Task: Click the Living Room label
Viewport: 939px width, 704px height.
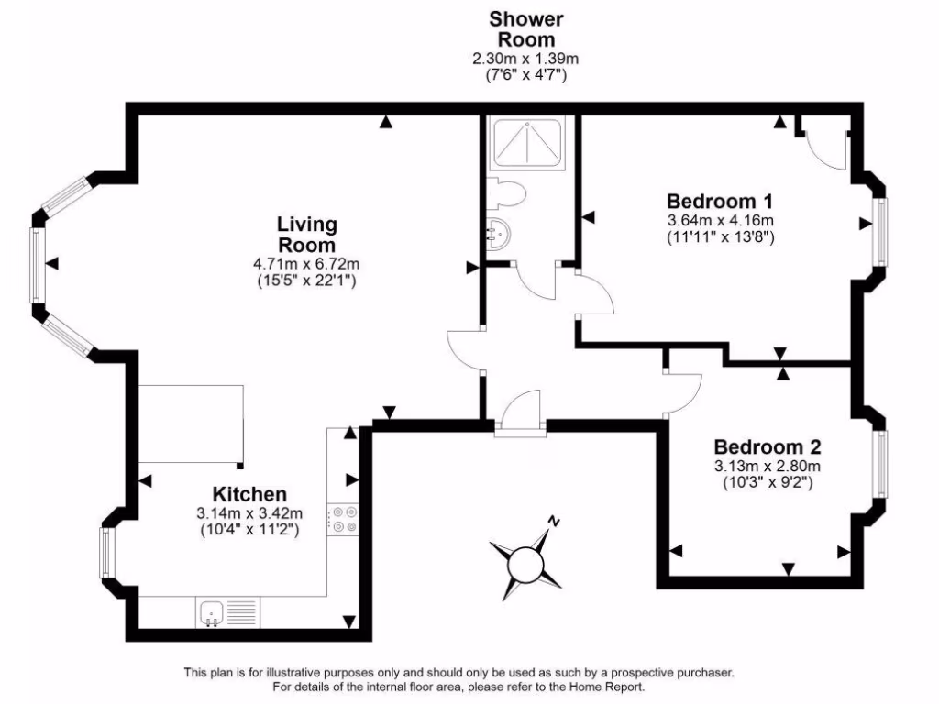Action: click(307, 234)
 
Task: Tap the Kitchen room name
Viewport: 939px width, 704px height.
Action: click(249, 494)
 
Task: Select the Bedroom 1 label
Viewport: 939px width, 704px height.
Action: click(721, 201)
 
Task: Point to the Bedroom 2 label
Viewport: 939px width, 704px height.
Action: click(768, 447)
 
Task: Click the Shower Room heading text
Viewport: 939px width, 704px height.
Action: click(525, 28)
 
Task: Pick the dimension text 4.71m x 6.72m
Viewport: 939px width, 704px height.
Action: click(307, 264)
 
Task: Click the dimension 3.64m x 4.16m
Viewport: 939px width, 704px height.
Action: click(721, 221)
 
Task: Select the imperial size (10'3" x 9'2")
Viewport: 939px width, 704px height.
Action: click(768, 481)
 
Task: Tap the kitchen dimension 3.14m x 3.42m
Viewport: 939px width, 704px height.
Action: click(249, 512)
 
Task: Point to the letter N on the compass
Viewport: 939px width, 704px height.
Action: click(553, 521)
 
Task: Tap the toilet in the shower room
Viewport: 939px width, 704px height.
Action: click(507, 193)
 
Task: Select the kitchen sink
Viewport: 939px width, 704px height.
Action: click(212, 610)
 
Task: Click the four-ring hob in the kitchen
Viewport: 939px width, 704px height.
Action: click(346, 520)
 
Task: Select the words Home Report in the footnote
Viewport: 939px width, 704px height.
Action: click(610, 687)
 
